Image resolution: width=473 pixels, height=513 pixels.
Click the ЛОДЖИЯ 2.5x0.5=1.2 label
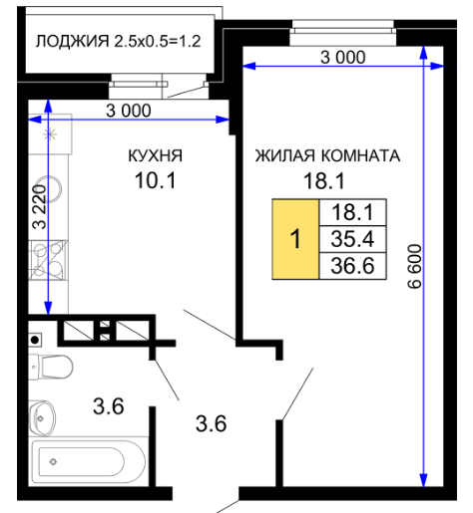(x=118, y=42)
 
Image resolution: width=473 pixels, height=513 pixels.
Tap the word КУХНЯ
(x=156, y=155)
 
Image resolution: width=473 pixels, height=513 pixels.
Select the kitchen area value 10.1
(x=156, y=181)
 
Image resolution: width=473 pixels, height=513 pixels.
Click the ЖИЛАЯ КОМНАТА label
(x=327, y=155)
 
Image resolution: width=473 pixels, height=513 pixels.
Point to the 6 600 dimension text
(x=415, y=266)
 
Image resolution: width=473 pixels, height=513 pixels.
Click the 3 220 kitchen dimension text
(x=40, y=206)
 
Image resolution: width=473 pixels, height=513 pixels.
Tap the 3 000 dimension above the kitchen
(x=129, y=111)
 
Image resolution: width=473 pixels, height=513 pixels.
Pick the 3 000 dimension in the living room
(x=343, y=57)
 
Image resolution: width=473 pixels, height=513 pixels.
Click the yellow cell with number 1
(x=295, y=239)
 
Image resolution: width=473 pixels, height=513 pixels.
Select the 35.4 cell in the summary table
(x=352, y=239)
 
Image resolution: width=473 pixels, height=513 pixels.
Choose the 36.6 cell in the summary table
(x=352, y=266)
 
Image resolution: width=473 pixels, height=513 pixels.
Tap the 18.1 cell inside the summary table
(x=352, y=212)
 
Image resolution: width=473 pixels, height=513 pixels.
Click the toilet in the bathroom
(x=51, y=367)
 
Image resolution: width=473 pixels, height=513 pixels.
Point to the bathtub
(x=88, y=462)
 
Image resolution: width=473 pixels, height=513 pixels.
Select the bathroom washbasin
(x=42, y=417)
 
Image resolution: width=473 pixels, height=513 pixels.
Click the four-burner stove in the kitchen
(x=48, y=260)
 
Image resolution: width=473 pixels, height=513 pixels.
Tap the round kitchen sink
(x=53, y=188)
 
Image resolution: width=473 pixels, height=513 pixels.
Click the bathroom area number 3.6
(x=109, y=406)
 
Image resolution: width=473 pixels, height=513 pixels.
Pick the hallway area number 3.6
(x=211, y=423)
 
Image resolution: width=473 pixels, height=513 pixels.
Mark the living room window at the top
(x=343, y=33)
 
